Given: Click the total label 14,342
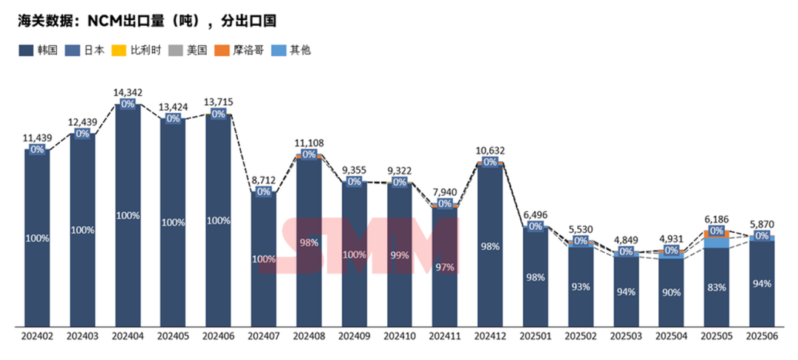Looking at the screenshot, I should pos(128,92).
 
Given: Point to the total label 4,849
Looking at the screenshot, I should pos(626,239).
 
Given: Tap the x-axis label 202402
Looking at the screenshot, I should pos(37,336).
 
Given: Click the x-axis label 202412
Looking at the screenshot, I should pos(490,336).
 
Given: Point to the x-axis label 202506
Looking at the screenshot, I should pos(762,336).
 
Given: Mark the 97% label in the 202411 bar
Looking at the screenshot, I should pos(445,266).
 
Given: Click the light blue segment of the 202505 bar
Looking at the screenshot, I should pos(716,242).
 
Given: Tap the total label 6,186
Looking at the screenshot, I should pos(716,220).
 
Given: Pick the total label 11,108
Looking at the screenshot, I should pos(309,143).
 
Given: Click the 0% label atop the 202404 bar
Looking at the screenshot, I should pos(128,104).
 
